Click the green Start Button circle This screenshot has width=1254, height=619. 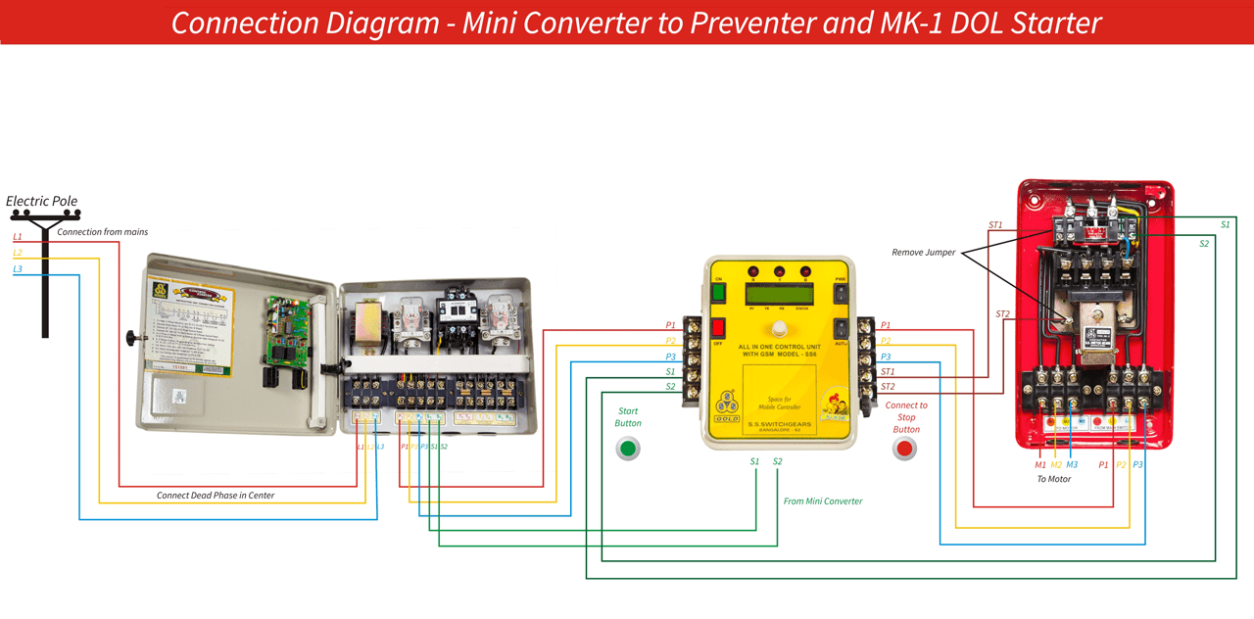628,449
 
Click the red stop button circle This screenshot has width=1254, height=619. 904,449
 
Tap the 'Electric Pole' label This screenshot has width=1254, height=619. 41,201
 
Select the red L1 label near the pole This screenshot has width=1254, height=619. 18,237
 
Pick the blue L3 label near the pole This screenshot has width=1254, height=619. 18,268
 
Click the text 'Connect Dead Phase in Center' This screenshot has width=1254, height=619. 216,496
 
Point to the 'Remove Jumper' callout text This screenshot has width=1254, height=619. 923,253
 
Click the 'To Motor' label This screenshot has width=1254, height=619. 1053,479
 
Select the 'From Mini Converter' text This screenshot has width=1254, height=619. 823,501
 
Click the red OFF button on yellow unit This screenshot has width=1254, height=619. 718,327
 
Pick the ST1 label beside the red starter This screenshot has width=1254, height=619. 995,225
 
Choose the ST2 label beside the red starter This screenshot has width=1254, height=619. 1002,314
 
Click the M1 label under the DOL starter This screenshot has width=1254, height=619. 1040,464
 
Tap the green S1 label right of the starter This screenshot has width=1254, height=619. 1225,224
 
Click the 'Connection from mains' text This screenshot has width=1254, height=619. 102,232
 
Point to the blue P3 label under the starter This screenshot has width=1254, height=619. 1137,464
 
